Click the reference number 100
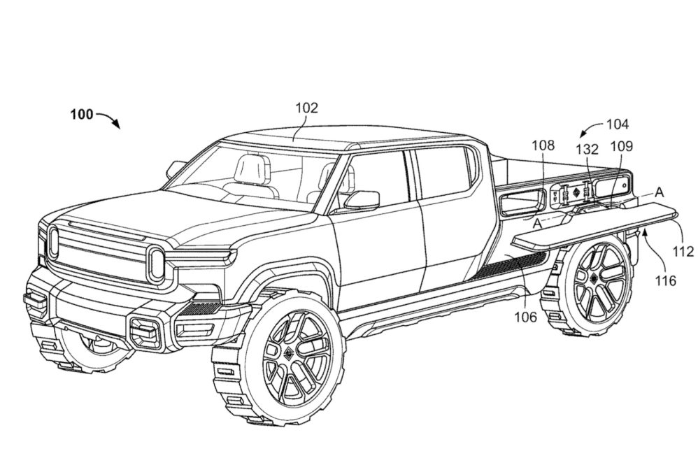[82, 115]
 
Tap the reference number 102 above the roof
[306, 108]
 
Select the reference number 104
[616, 124]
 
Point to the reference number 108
[543, 145]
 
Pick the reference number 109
[622, 146]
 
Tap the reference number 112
[684, 251]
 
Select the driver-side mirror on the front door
[362, 201]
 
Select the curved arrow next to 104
[590, 131]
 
